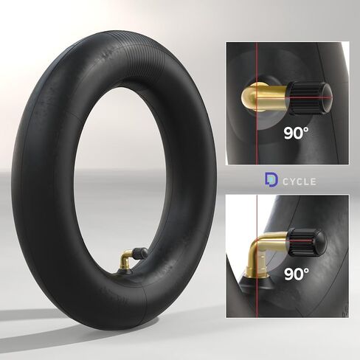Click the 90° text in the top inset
pos(302,134)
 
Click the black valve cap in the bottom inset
pos(306,241)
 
